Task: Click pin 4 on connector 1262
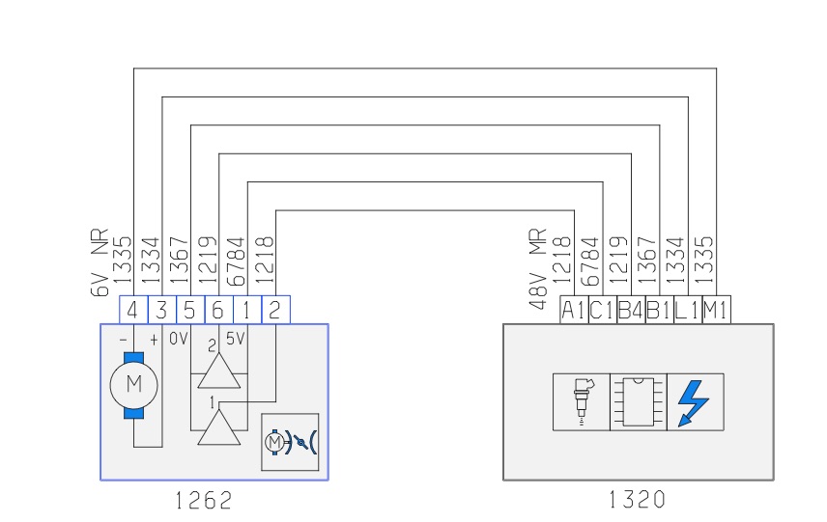(x=133, y=310)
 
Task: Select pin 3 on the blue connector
(x=162, y=310)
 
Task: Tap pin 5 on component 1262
(x=190, y=310)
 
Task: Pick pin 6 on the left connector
(x=219, y=310)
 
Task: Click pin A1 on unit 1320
(x=574, y=311)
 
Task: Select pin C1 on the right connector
(x=602, y=311)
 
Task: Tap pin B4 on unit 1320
(x=630, y=311)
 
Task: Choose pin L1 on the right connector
(x=687, y=311)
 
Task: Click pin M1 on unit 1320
(x=716, y=311)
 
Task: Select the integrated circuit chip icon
(x=638, y=401)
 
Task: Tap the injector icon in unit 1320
(x=581, y=401)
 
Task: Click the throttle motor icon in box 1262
(x=290, y=442)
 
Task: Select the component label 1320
(x=637, y=500)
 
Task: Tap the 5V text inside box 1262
(x=236, y=340)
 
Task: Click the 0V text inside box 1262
(x=179, y=340)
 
